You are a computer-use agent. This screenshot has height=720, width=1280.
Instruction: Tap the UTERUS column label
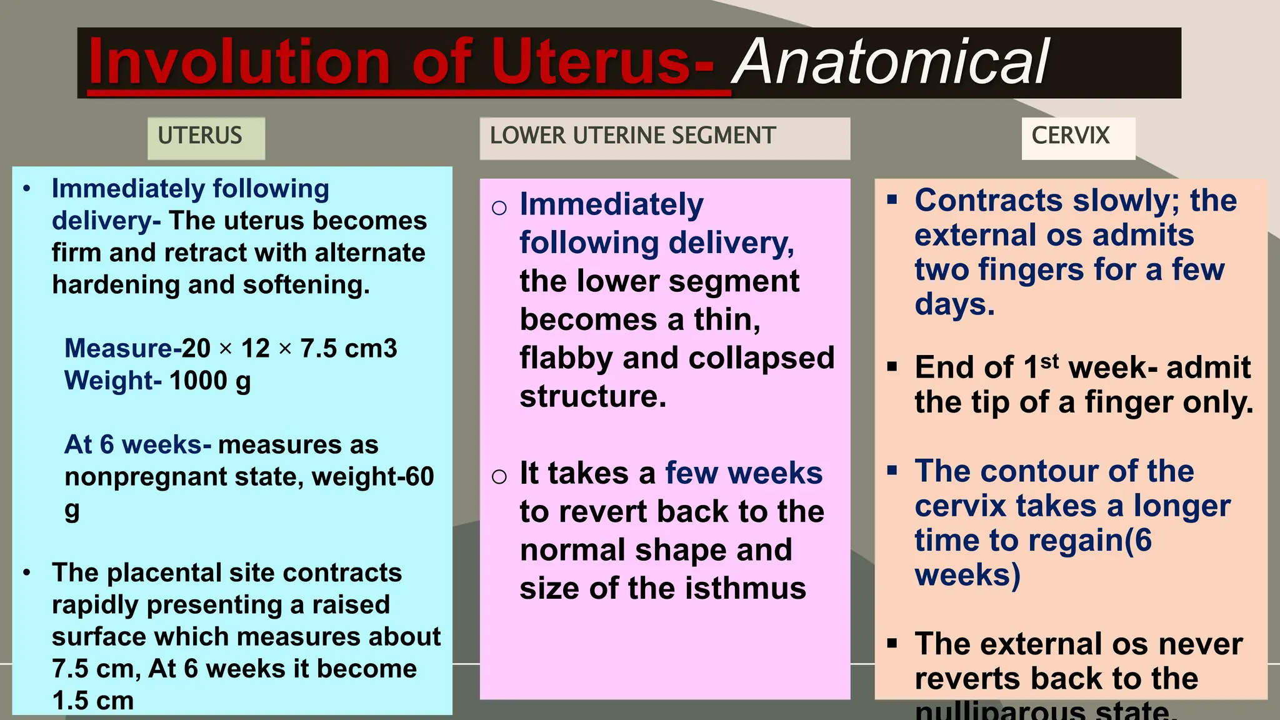200,136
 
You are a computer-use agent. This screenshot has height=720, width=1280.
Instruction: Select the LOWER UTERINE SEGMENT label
632,136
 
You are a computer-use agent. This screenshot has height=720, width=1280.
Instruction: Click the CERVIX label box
1071,136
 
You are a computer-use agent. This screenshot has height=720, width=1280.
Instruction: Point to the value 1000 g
210,380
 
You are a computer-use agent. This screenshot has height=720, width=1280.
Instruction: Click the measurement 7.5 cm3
348,348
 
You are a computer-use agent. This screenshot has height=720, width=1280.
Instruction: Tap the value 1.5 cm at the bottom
92,701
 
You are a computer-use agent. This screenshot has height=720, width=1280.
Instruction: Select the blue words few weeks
744,473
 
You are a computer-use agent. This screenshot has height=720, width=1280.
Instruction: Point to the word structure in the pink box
592,396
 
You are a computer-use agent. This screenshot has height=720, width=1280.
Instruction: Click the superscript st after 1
1049,361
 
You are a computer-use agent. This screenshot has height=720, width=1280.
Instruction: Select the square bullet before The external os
892,642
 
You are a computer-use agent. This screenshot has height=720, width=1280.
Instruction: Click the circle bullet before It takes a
499,477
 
